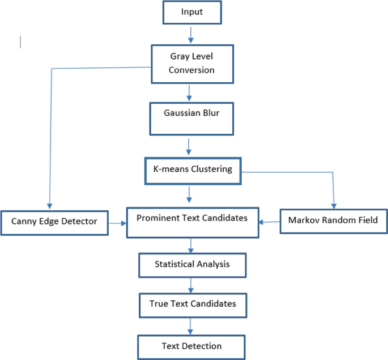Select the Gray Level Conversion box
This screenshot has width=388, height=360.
(x=192, y=63)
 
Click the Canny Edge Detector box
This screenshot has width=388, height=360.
(x=54, y=222)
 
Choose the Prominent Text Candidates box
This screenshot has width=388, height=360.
(x=192, y=222)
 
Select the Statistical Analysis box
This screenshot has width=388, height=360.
(x=192, y=264)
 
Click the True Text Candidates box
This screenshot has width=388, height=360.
(x=192, y=304)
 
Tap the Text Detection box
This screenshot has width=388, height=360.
(x=191, y=346)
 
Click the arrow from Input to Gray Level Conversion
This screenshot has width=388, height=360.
(x=191, y=34)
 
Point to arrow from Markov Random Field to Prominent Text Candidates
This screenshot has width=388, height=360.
(x=270, y=223)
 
